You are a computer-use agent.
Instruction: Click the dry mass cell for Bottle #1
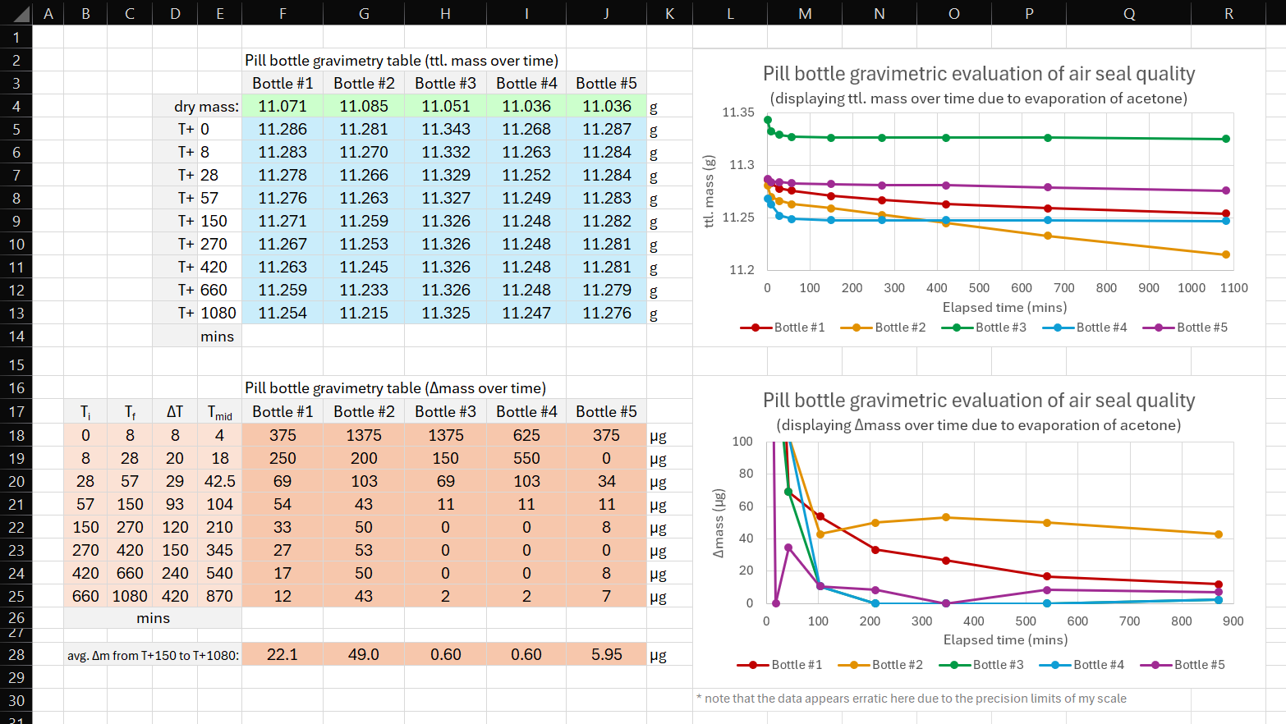coord(282,107)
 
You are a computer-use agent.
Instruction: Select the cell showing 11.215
coord(364,314)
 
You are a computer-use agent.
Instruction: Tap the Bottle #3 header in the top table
coord(445,84)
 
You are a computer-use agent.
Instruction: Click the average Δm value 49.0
coord(364,655)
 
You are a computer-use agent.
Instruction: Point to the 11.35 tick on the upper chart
coord(737,112)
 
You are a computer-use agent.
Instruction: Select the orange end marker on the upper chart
coord(1226,254)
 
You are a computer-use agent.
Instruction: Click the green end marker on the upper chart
coord(1226,139)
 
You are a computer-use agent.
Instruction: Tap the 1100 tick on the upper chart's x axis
coord(1233,288)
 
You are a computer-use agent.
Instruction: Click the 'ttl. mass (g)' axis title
coord(710,191)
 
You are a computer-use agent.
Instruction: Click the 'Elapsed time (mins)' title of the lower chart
coord(1005,640)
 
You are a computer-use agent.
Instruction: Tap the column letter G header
coord(364,13)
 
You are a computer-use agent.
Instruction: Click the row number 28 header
coord(16,655)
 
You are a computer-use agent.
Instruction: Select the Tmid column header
coord(219,412)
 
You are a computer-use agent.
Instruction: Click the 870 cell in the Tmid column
coord(219,597)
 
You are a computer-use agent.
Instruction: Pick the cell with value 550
coord(526,459)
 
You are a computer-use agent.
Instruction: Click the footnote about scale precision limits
coord(912,699)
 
